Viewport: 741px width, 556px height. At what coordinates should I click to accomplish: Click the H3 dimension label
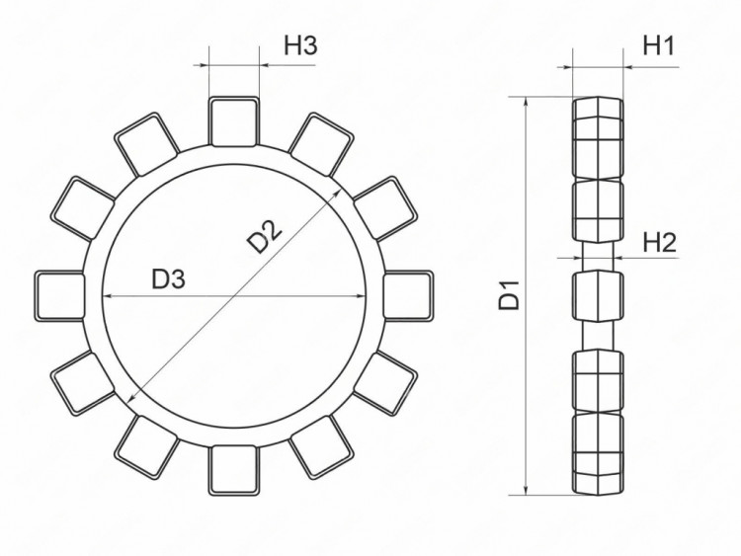pos(299,45)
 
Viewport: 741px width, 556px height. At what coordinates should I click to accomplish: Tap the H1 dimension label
pos(658,45)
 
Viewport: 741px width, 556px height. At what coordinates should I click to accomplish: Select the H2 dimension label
pos(659,242)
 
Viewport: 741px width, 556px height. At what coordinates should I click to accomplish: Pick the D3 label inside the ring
pos(169,279)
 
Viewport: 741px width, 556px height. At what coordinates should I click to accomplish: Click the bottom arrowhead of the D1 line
pos(526,490)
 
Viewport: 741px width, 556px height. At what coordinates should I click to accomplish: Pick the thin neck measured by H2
pos(597,255)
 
